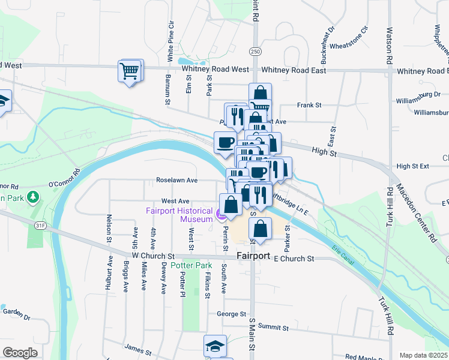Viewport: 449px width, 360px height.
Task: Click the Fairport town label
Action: pyautogui.click(x=253, y=256)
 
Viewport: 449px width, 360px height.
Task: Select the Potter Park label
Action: pyautogui.click(x=191, y=265)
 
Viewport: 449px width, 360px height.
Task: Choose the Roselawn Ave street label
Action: pyautogui.click(x=176, y=180)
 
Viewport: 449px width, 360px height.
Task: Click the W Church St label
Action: pyautogui.click(x=152, y=256)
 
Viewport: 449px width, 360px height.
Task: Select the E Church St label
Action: pyautogui.click(x=294, y=259)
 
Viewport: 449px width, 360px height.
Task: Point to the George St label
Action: pyautogui.click(x=231, y=314)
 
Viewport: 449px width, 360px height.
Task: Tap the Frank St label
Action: pyautogui.click(x=309, y=105)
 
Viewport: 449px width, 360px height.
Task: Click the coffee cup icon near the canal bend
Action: pyautogui.click(x=225, y=143)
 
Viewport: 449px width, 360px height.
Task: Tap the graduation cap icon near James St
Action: pyautogui.click(x=215, y=346)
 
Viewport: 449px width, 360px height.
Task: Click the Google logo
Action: pyautogui.click(x=20, y=353)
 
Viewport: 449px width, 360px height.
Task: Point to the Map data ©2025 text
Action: pyautogui.click(x=423, y=355)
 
